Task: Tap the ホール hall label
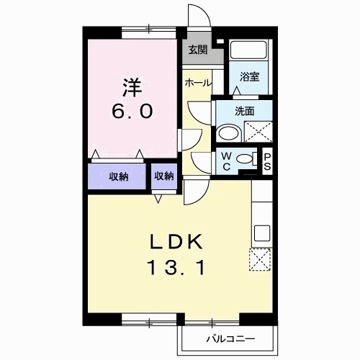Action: [197, 83]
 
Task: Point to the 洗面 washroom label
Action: [244, 111]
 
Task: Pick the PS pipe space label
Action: [266, 160]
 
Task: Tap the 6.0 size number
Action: [130, 112]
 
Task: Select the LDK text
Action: [177, 240]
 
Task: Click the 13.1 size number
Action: [177, 269]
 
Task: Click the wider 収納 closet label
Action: [118, 176]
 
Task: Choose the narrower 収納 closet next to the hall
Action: [163, 176]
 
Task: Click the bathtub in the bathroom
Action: [249, 51]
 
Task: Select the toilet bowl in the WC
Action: [246, 159]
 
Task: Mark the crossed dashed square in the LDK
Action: [261, 259]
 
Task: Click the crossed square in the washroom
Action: [257, 132]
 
